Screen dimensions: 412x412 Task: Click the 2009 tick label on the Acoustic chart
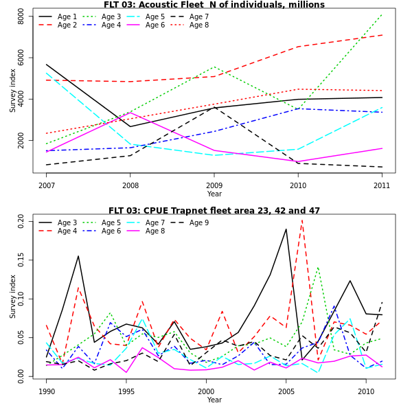click(214, 185)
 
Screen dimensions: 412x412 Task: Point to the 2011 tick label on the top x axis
click(382, 185)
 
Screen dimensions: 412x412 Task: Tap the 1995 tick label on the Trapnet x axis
click(126, 391)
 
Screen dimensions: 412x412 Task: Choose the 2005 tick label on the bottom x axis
click(286, 391)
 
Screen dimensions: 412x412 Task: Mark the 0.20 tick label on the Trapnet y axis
click(21, 220)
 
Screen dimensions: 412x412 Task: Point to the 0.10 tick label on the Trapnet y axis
click(21, 300)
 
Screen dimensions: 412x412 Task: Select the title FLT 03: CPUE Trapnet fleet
click(214, 211)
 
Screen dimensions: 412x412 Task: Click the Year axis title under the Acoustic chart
click(214, 194)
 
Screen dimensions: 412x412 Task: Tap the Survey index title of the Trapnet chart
click(12, 296)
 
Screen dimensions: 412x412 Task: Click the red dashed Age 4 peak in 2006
click(302, 219)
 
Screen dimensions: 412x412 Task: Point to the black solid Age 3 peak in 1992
click(78, 256)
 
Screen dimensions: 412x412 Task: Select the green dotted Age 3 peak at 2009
click(214, 67)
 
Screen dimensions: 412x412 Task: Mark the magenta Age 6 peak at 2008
click(130, 113)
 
